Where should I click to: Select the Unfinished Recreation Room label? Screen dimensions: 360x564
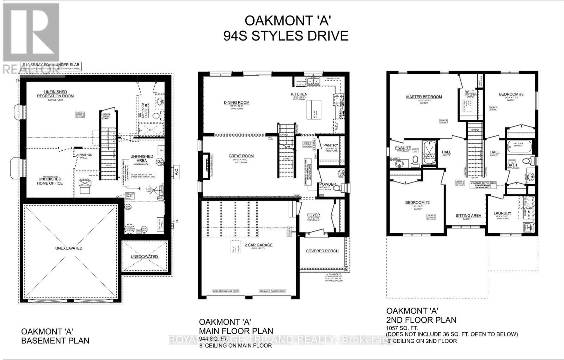click(56, 94)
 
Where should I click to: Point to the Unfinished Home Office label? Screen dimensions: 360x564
click(50, 181)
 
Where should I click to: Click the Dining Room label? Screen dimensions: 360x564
click(237, 103)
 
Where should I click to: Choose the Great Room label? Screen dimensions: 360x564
click(241, 156)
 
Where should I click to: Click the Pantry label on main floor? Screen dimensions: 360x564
click(331, 145)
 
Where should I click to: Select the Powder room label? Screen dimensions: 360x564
click(327, 184)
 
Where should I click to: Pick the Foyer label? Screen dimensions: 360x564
click(313, 215)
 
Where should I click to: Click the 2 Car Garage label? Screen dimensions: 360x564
click(259, 245)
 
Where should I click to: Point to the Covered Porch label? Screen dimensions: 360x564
click(322, 251)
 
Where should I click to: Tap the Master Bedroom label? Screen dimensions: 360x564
click(424, 97)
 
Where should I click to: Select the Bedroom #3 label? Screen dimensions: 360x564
click(511, 94)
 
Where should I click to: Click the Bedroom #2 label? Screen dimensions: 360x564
click(417, 202)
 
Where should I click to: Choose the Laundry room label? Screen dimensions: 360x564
click(502, 213)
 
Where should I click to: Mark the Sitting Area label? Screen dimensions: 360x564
click(468, 215)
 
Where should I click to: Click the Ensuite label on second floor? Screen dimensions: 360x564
click(403, 148)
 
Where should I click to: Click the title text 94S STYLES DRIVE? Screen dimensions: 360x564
click(286, 36)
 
